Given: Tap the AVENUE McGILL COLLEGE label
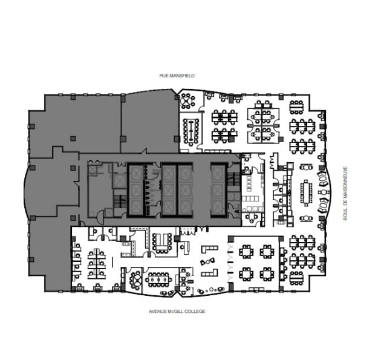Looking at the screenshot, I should point(177,311).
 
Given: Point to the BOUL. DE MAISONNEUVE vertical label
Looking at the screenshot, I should point(345,193).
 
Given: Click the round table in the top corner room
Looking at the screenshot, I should point(186,100).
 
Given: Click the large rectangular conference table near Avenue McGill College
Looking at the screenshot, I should point(160,280).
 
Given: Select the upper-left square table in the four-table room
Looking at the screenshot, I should point(246,250).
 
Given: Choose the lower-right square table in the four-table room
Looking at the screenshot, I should point(266,274).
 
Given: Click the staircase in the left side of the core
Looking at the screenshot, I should point(118,200).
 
